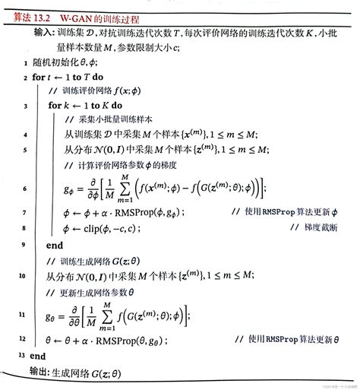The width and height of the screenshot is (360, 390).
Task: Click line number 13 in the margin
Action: pyautogui.click(x=15, y=355)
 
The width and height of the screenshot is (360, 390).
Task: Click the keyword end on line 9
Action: pyautogui.click(x=55, y=246)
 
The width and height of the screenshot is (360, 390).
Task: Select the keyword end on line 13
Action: pyautogui.click(x=37, y=355)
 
